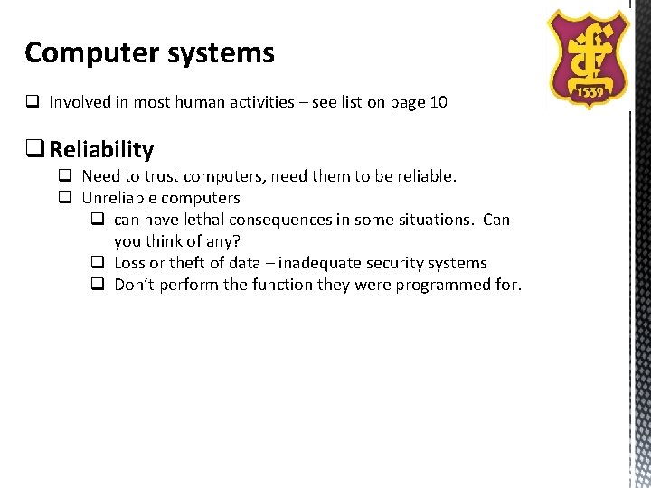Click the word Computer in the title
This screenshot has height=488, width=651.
tap(78, 53)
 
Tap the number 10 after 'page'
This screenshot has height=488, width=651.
tap(438, 102)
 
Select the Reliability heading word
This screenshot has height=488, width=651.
tap(101, 149)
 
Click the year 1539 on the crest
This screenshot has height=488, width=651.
tap(590, 93)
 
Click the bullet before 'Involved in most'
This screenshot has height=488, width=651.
tap(31, 102)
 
